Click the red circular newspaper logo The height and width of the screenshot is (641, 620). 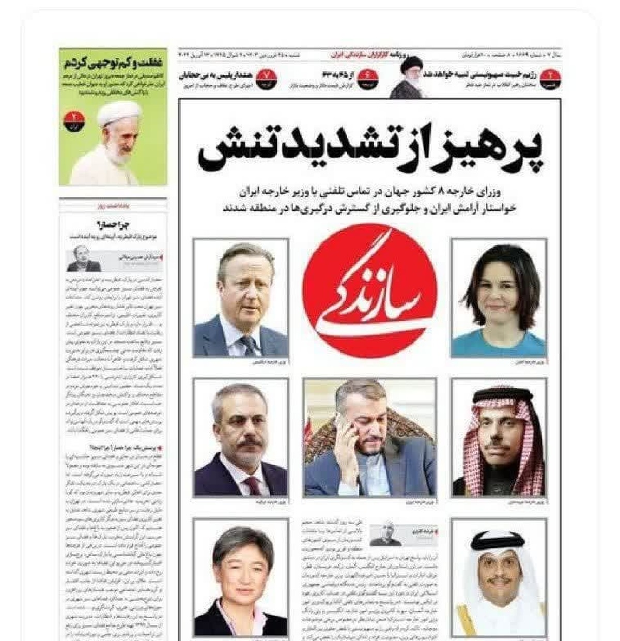369,291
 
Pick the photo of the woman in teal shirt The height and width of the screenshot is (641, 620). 499,298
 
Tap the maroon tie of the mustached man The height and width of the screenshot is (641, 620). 253,486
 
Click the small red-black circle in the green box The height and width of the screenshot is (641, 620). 74,120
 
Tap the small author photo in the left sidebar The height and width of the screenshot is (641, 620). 83,259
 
